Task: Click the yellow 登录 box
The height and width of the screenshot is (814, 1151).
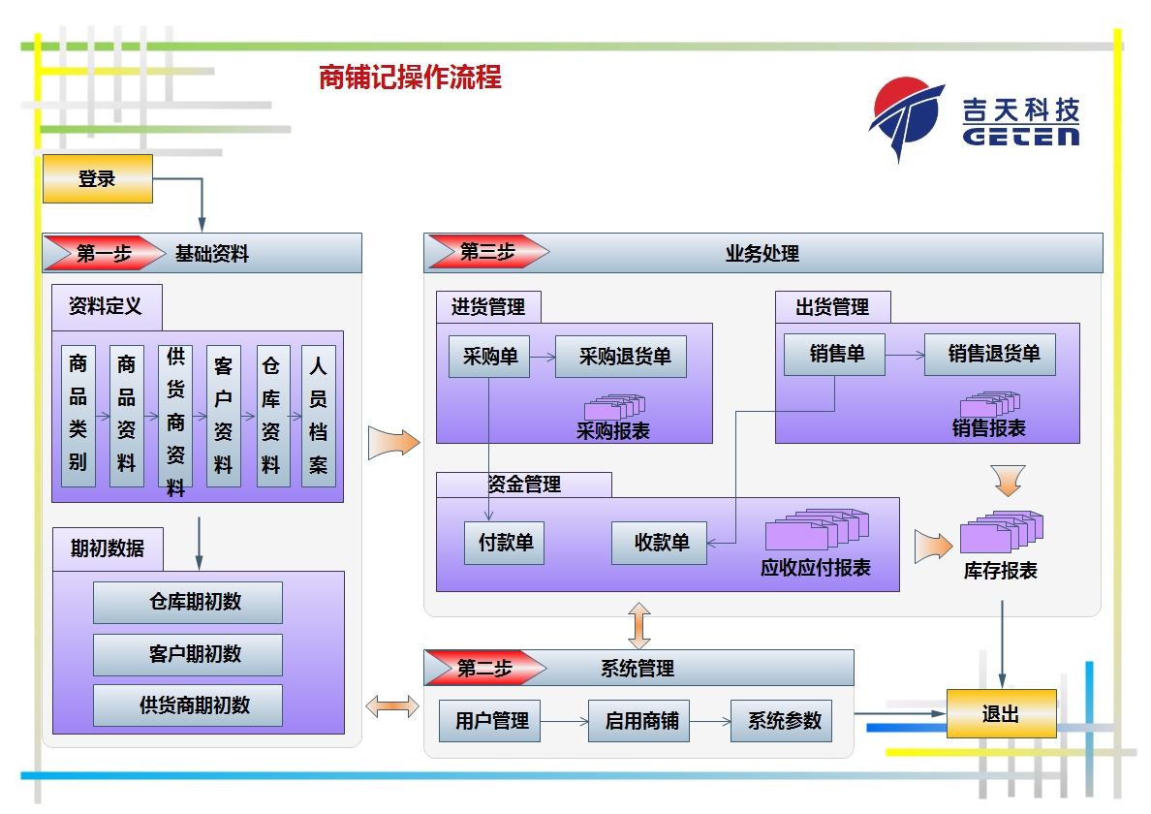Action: [98, 178]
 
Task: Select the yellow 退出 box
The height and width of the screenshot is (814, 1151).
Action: [1001, 713]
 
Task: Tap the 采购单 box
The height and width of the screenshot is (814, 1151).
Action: [489, 357]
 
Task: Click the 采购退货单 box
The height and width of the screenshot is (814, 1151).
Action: [621, 357]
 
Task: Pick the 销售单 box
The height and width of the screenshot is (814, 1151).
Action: [834, 355]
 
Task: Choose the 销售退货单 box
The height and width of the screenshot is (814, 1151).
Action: [990, 355]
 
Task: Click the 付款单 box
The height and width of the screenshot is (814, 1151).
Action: [505, 544]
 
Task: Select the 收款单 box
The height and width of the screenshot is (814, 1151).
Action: [659, 544]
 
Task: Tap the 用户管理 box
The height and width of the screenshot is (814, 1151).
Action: [489, 721]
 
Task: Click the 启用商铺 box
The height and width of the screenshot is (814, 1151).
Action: [638, 721]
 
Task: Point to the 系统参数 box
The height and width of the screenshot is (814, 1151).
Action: [781, 721]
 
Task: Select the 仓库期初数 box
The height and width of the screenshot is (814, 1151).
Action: [188, 603]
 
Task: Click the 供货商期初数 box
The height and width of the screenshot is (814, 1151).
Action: [188, 705]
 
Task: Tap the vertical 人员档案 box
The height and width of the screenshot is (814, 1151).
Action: [319, 416]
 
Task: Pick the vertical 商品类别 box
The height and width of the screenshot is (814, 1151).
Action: [78, 416]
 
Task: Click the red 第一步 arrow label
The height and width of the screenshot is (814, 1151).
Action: [105, 253]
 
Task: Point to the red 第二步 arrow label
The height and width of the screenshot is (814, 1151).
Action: [486, 668]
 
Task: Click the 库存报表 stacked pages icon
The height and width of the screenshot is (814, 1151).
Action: [1001, 531]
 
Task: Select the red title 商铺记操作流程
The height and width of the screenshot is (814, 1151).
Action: [410, 78]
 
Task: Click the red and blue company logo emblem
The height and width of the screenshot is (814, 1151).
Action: [907, 117]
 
